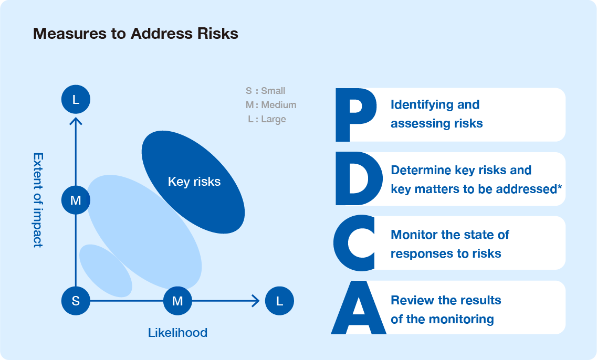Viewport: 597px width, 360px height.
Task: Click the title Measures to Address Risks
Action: (135, 34)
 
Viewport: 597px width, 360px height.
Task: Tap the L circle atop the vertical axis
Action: (76, 99)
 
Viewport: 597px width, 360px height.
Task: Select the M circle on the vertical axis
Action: (76, 199)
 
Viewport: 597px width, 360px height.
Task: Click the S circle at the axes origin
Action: (76, 301)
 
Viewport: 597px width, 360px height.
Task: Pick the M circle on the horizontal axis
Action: (177, 301)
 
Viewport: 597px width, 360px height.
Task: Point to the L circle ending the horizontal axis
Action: (279, 301)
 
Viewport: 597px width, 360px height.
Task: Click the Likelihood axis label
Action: (177, 332)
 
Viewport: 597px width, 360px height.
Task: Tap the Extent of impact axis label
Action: (38, 200)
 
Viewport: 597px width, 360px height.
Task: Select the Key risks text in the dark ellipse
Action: (194, 182)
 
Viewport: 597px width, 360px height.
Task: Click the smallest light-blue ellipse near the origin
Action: (105, 270)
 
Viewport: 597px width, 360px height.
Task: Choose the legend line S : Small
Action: (266, 91)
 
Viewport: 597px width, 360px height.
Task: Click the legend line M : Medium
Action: (271, 105)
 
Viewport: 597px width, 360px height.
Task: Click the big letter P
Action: (355, 115)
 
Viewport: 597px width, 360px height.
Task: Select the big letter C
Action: (354, 243)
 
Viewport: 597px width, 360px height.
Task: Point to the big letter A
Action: (358, 310)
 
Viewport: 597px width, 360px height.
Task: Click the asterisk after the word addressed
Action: (560, 187)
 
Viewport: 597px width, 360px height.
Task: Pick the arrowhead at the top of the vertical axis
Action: (76, 121)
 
